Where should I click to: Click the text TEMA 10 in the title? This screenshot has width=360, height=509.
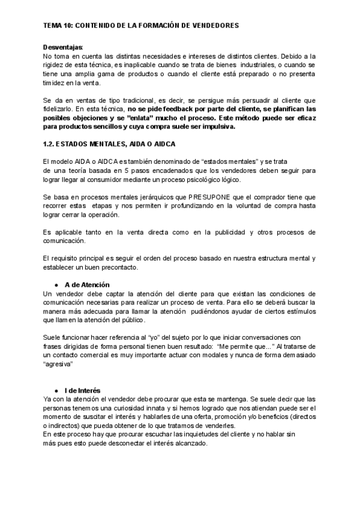pyautogui.click(x=57, y=26)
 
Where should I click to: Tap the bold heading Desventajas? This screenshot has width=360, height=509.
pyautogui.click(x=63, y=47)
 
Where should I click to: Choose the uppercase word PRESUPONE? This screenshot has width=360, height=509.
pyautogui.click(x=209, y=197)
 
